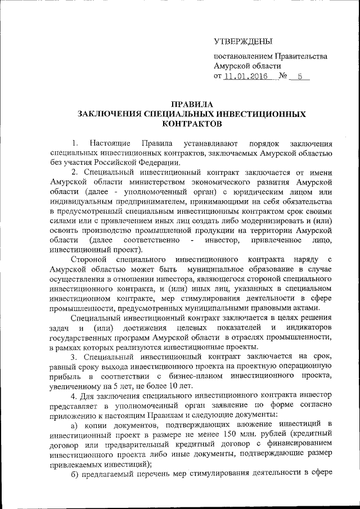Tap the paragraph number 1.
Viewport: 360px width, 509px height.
75,144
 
